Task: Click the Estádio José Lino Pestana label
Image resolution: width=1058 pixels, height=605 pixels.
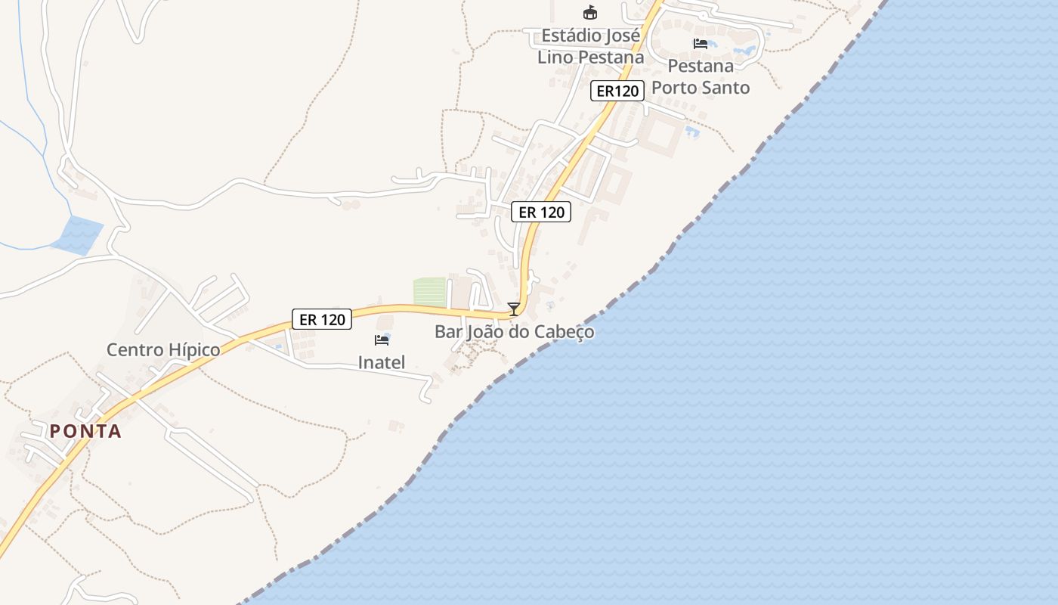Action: (590, 46)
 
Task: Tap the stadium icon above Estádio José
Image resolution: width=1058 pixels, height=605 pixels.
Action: (589, 13)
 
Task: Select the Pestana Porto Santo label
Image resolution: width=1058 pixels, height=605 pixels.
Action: (701, 76)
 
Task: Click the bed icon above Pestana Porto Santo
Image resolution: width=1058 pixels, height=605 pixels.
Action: (701, 44)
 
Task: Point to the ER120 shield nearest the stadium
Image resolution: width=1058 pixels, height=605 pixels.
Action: (617, 92)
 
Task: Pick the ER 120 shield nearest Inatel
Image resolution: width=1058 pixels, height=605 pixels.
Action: (322, 319)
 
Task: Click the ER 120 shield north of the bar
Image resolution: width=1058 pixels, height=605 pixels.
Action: (541, 213)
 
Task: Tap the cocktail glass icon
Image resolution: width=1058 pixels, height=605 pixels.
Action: (514, 309)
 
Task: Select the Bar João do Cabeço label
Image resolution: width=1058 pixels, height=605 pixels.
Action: (514, 331)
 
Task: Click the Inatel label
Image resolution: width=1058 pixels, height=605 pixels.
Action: (382, 362)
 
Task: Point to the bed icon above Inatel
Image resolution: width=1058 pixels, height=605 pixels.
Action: (382, 340)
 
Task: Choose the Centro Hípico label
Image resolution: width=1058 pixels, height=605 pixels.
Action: (163, 349)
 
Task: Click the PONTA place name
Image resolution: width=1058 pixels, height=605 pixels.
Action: (85, 431)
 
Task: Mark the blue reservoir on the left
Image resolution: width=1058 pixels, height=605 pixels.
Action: (77, 234)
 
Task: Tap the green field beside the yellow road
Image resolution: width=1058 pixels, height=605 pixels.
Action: (430, 292)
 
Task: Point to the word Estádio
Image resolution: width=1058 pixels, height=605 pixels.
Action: (571, 36)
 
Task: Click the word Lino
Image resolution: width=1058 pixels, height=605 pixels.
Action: (555, 57)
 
